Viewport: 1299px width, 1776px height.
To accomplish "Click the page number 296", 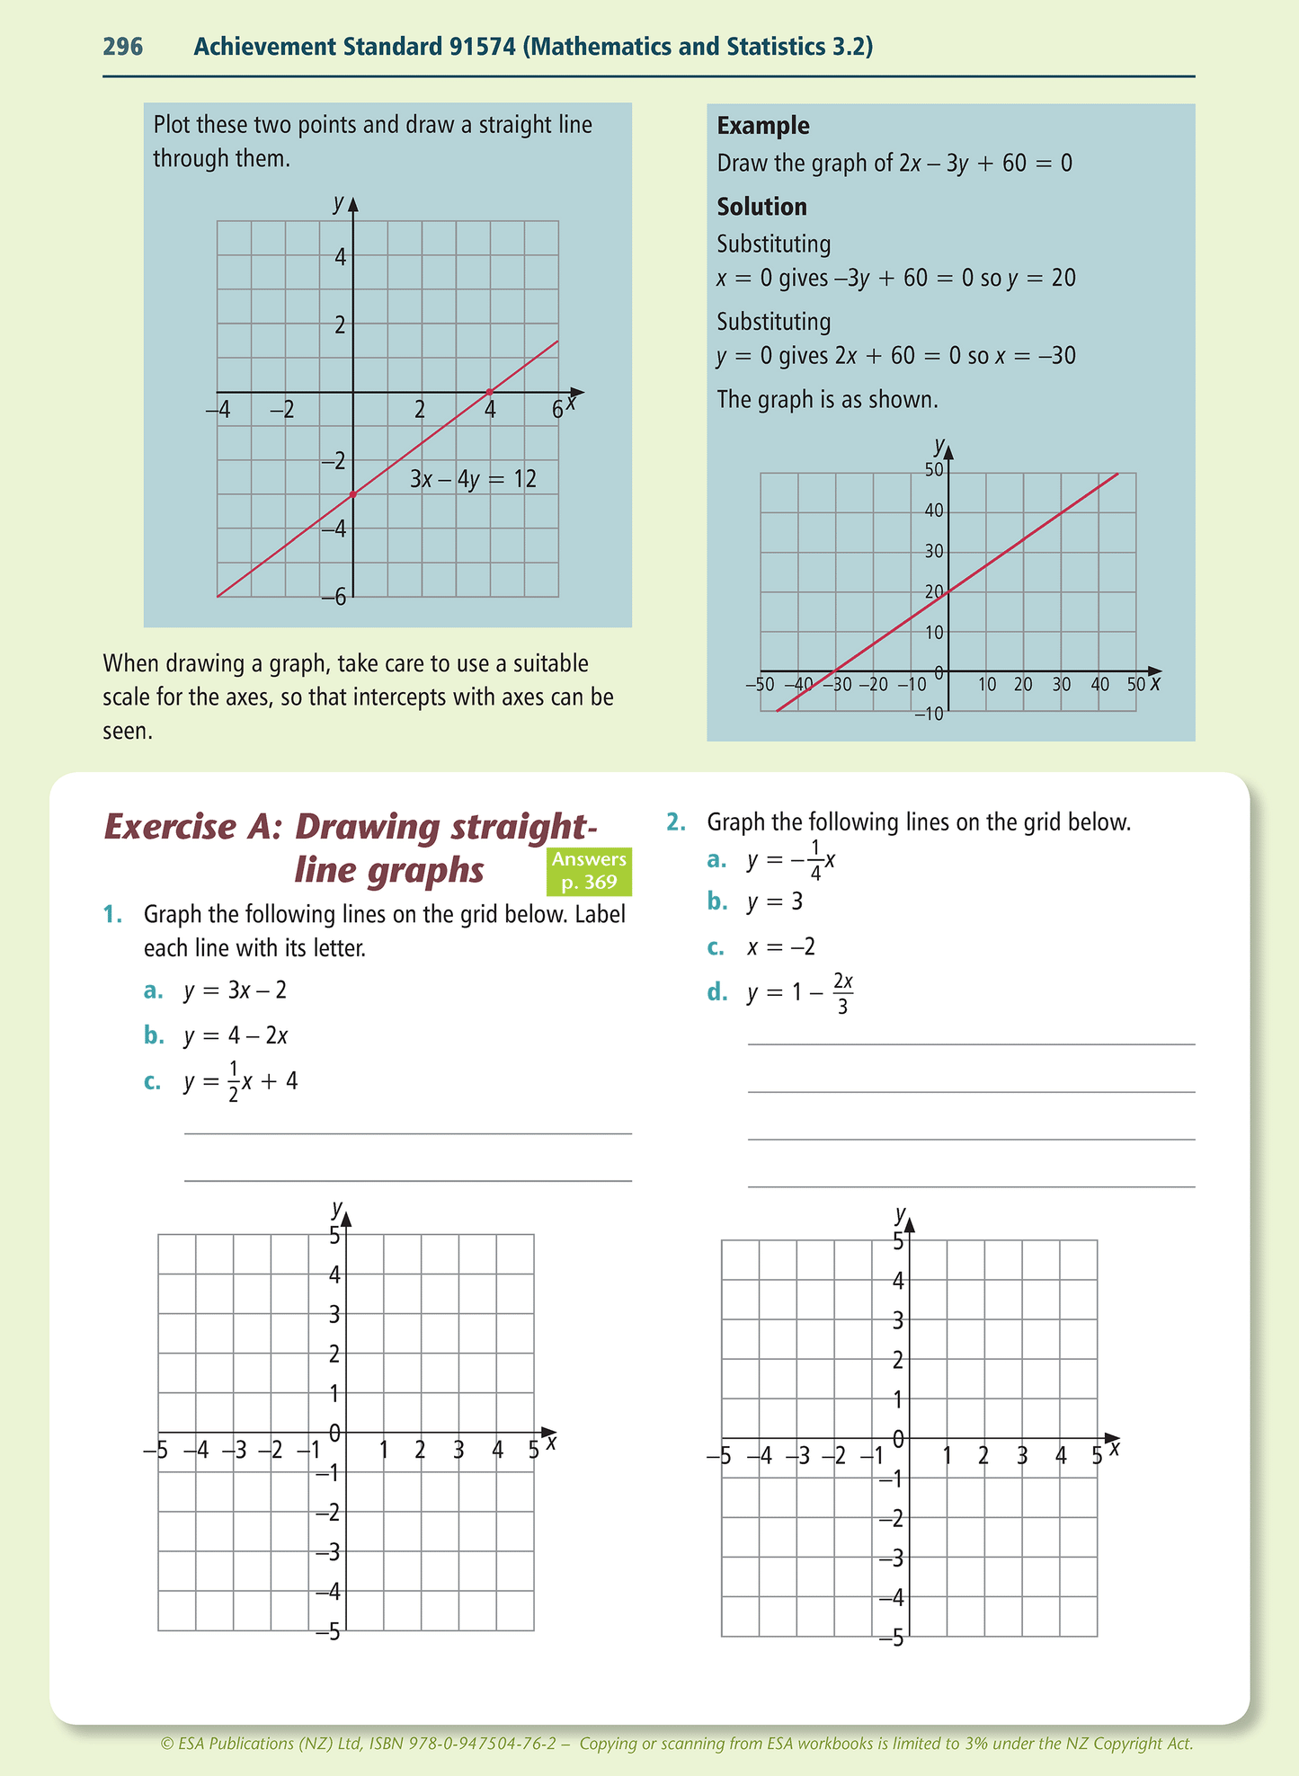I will click(123, 47).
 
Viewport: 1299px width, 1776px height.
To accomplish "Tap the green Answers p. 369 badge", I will click(589, 871).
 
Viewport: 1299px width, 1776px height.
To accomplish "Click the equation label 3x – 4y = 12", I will click(473, 479).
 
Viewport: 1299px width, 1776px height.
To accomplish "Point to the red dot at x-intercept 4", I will click(490, 392).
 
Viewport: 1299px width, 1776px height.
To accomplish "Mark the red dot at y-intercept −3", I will click(353, 494).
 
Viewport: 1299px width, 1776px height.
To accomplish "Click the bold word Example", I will click(763, 126).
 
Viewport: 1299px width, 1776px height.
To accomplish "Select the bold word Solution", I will click(761, 207).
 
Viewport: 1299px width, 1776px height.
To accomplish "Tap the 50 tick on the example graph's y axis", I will click(934, 470).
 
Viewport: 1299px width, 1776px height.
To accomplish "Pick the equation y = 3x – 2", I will click(236, 990).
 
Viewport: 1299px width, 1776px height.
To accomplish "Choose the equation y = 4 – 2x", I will click(236, 1035).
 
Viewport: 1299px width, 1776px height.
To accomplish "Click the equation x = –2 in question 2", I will click(781, 946).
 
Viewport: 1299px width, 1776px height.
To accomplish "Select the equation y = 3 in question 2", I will click(774, 901).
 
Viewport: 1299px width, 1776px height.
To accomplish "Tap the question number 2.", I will click(675, 821).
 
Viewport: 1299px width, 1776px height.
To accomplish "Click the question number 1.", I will click(112, 914).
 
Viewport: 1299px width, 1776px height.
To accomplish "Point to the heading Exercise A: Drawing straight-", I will click(351, 827).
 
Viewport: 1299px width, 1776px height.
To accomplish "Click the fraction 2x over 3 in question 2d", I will click(842, 992).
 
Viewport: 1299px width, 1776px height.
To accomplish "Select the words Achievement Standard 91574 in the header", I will click(355, 47).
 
